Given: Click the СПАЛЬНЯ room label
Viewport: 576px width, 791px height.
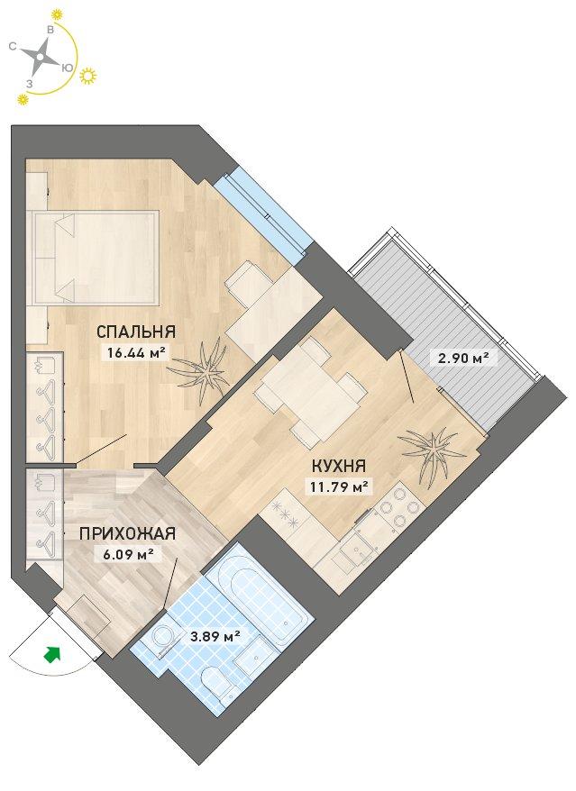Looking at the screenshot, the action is (136, 332).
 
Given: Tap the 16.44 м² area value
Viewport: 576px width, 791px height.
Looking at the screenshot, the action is (136, 351).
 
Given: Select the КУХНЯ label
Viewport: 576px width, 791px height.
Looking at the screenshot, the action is (338, 466).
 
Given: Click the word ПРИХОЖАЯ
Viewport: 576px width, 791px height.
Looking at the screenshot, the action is (127, 533).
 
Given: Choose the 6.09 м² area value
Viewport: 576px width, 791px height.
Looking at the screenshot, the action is (125, 554).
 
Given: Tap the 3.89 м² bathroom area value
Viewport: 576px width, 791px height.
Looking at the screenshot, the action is (214, 637).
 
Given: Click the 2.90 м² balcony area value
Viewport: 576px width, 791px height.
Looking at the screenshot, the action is (460, 358).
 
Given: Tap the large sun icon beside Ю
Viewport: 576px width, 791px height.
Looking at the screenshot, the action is (88, 75).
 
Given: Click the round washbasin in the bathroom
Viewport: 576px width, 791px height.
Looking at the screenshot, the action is (163, 636).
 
